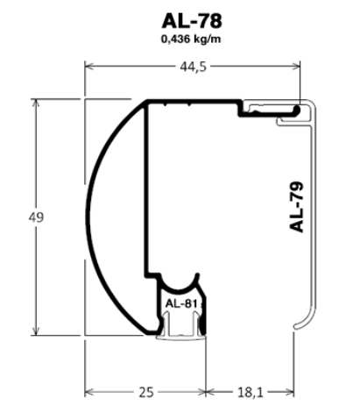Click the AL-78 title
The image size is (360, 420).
[x=192, y=21]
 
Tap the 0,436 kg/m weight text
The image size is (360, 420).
[x=191, y=39]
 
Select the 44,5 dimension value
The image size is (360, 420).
[x=193, y=67]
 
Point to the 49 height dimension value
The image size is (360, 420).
[x=36, y=217]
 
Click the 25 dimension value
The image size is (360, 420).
[x=146, y=392]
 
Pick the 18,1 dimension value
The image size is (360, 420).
[x=251, y=392]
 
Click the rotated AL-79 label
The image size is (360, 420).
[x=296, y=207]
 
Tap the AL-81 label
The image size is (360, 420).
[x=181, y=303]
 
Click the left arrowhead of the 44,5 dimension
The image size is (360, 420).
[x=88, y=67]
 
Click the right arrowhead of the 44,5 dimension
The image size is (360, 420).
[x=296, y=67]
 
